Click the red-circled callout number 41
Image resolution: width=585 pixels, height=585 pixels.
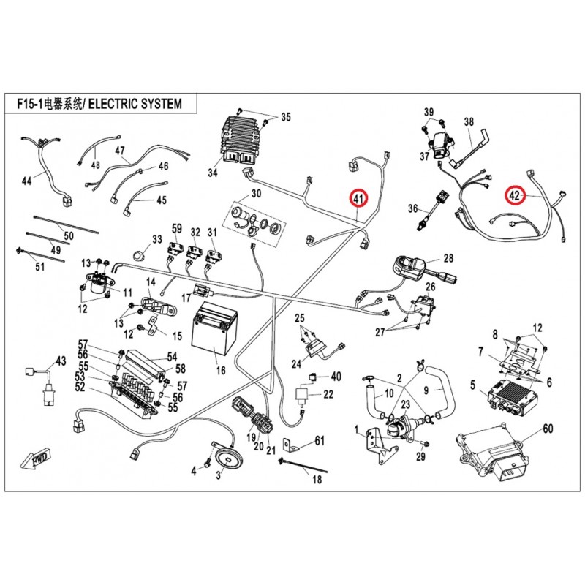(358, 198)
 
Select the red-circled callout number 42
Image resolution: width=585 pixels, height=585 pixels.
(516, 195)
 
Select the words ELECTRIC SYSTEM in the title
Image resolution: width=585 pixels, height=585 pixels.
(134, 103)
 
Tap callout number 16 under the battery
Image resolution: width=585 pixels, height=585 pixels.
(220, 371)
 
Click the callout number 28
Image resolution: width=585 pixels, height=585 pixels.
(448, 258)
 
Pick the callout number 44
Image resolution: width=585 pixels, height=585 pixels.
(26, 180)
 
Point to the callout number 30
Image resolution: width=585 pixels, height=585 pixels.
(256, 194)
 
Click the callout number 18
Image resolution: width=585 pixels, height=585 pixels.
(317, 480)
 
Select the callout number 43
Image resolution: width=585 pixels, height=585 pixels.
(61, 361)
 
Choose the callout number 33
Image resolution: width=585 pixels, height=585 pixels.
(156, 239)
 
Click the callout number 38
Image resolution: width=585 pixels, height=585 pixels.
(469, 121)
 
